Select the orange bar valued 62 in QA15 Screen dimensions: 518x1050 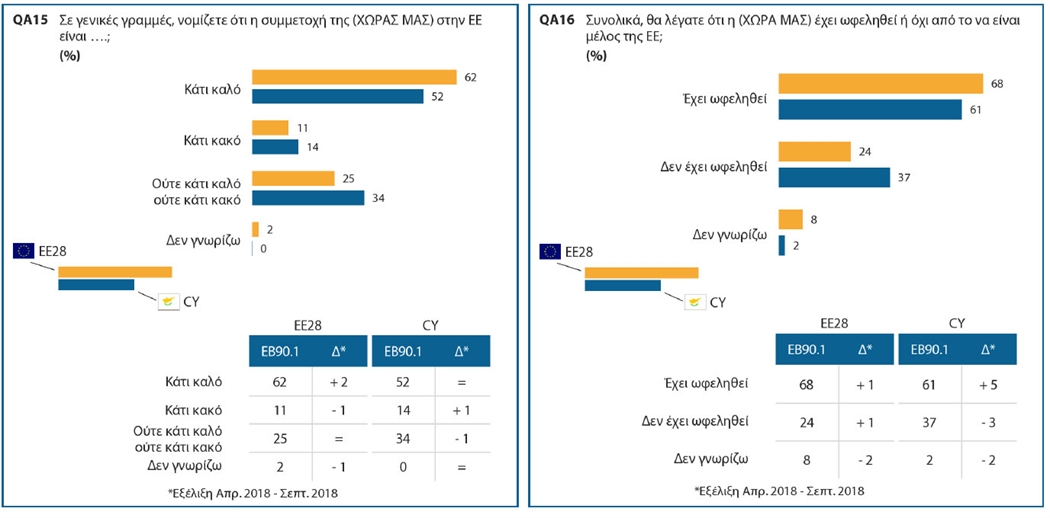coord(354,77)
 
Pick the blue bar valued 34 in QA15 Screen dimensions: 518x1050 coord(308,197)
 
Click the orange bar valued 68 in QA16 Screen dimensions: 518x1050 coord(881,83)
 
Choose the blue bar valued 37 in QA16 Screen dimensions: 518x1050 coord(834,177)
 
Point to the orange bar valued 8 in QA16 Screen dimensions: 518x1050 coord(790,219)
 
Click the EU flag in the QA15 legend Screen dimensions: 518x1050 coord(24,250)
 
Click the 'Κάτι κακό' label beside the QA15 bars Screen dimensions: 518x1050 coord(211,140)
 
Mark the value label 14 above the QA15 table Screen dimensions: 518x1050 coord(313,147)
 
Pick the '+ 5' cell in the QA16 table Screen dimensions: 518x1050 coord(988,383)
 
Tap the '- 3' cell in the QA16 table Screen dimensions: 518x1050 coord(988,421)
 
